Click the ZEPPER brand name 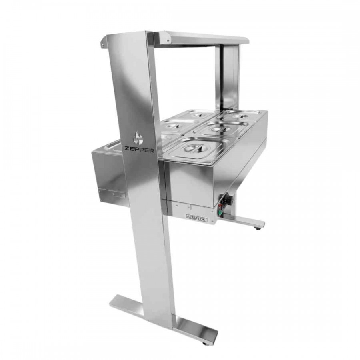coord(139,150)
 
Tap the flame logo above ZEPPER coord(138,138)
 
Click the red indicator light coord(221,206)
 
